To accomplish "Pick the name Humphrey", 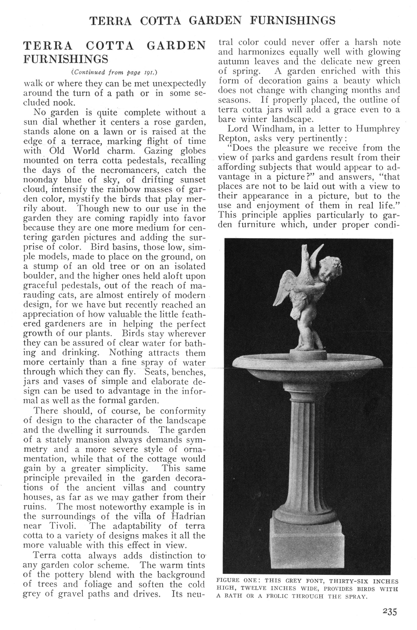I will click(378, 129).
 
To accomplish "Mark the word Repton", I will click(233, 139).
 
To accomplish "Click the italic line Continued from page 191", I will click(115, 72).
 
